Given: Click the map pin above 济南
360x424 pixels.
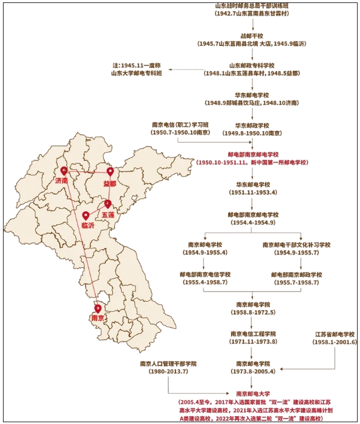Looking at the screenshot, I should (64, 172).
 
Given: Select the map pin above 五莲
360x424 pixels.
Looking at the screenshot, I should (108, 204).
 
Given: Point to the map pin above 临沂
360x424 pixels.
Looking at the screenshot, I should (86, 216).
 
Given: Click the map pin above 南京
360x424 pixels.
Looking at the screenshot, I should (97, 308).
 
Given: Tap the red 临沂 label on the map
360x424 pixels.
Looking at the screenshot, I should (88, 225).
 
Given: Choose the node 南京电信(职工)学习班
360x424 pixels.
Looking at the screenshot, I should (180, 125).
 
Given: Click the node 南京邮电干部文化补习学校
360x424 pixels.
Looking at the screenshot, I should (296, 245).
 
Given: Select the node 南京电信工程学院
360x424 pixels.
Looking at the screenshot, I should (253, 333).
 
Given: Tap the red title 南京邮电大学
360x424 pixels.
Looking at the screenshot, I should (253, 394).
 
